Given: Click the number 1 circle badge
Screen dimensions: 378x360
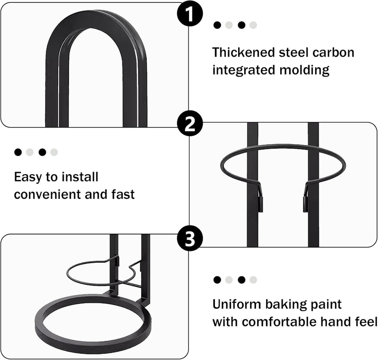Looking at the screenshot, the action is point(190,14).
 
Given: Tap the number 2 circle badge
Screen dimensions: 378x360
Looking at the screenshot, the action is point(190,124).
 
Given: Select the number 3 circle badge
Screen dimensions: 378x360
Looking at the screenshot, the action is point(190,238).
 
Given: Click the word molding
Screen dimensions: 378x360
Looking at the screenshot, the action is point(304,70).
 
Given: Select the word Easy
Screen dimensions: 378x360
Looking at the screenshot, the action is point(28,178).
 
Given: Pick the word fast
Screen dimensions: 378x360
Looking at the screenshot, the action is point(123,194).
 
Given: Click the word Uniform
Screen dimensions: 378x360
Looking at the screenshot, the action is point(237,304).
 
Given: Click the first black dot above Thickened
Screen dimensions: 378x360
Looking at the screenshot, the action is point(217,25).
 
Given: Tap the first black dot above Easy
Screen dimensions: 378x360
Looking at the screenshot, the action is point(18,152).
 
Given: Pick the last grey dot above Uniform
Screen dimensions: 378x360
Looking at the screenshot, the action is point(253,280).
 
